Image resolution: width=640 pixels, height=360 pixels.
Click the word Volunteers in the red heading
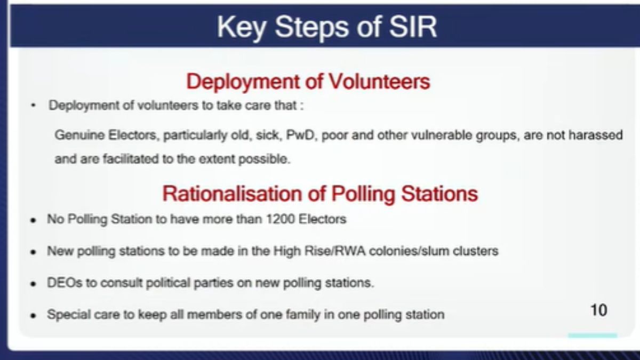[x=379, y=82]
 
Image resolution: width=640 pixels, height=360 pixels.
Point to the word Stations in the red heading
[x=439, y=194]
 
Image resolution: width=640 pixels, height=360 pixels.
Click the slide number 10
[x=598, y=310]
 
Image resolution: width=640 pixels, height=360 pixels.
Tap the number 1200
[x=281, y=219]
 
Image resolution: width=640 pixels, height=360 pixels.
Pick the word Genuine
[x=79, y=135]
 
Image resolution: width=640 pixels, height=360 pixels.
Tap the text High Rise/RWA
[x=319, y=251]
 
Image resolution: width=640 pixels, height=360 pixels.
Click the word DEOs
[x=65, y=283]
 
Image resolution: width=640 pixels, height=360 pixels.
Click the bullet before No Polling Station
[x=34, y=220]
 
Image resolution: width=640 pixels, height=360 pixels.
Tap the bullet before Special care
[x=34, y=315]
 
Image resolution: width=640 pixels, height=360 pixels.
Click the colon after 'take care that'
[x=302, y=106]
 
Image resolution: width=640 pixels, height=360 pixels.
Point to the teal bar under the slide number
[x=593, y=335]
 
